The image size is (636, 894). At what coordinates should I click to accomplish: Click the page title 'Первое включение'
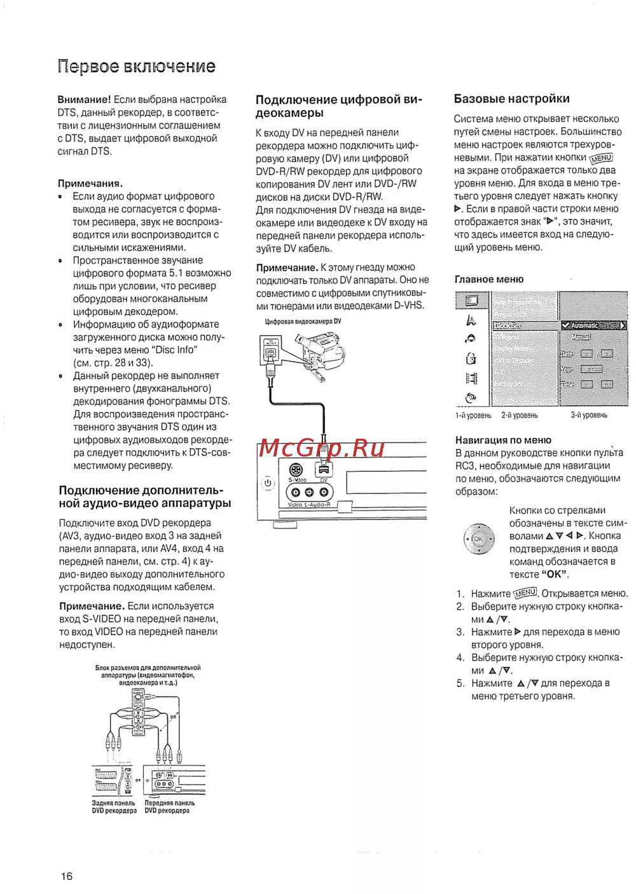click(x=136, y=67)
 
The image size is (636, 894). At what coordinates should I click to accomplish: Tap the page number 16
click(x=67, y=876)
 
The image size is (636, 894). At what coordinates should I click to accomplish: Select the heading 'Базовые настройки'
click(x=511, y=99)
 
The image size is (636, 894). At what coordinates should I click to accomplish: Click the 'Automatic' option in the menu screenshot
click(x=592, y=326)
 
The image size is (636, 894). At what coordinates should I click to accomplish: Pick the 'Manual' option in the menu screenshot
click(x=581, y=338)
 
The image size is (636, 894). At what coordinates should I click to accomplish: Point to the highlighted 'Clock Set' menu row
click(x=525, y=326)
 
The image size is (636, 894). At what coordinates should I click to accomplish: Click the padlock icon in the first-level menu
click(x=471, y=359)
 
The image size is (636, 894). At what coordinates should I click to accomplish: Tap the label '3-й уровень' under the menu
click(x=589, y=415)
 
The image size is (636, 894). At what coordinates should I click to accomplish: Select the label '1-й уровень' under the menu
click(x=473, y=415)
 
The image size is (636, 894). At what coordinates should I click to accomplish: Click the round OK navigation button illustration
click(x=478, y=539)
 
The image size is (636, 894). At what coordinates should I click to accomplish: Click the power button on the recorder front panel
click(x=268, y=483)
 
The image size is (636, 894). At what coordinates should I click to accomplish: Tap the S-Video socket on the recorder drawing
click(x=296, y=471)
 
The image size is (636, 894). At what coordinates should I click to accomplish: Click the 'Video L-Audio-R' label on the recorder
click(x=309, y=505)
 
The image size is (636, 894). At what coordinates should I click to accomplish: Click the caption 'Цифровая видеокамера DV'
click(x=303, y=322)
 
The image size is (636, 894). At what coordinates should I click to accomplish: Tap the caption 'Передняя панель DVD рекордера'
click(x=169, y=807)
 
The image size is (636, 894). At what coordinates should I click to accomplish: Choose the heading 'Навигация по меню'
click(x=503, y=440)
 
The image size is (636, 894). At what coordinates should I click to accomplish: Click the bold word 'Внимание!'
click(x=84, y=100)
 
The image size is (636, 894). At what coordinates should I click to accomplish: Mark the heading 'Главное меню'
click(x=489, y=279)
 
